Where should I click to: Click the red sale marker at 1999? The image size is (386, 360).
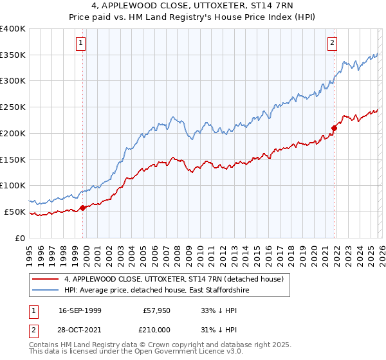tap(82, 208)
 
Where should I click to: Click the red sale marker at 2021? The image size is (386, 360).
tap(334, 128)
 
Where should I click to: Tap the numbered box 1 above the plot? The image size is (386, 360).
tap(81, 43)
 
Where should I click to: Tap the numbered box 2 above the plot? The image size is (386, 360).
tap(332, 43)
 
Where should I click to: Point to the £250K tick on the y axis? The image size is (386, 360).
tap(13, 107)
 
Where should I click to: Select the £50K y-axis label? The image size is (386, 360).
tap(15, 212)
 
